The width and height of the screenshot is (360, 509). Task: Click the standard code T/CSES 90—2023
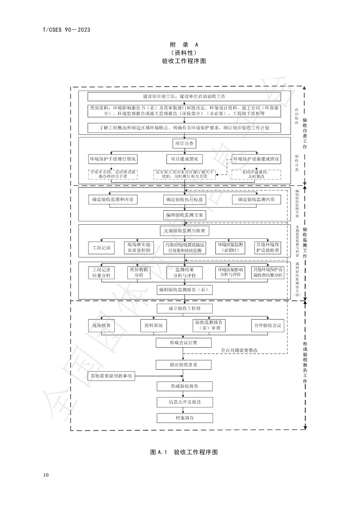(x=66, y=30)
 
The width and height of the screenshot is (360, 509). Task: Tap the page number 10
(x=46, y=475)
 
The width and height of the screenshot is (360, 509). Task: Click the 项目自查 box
(x=184, y=144)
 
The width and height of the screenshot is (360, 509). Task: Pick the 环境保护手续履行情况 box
(x=112, y=159)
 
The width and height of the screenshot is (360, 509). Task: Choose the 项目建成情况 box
(x=184, y=159)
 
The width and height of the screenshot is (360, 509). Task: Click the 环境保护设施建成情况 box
(x=256, y=159)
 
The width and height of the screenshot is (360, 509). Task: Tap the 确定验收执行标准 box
(x=184, y=199)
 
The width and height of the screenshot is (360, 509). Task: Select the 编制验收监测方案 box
(x=184, y=214)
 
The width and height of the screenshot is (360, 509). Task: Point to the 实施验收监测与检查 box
(x=184, y=231)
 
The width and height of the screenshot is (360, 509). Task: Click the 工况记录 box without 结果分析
(x=101, y=248)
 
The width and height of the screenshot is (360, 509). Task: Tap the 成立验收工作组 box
(x=184, y=309)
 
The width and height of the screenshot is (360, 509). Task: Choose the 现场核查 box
(x=101, y=325)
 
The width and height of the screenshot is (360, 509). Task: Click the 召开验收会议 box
(x=268, y=325)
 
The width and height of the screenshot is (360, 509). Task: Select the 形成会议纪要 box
(x=184, y=343)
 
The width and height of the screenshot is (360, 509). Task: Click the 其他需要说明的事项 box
(x=112, y=376)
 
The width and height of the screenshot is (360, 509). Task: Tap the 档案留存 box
(x=184, y=417)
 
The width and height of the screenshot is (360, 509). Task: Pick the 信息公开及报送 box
(x=184, y=402)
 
